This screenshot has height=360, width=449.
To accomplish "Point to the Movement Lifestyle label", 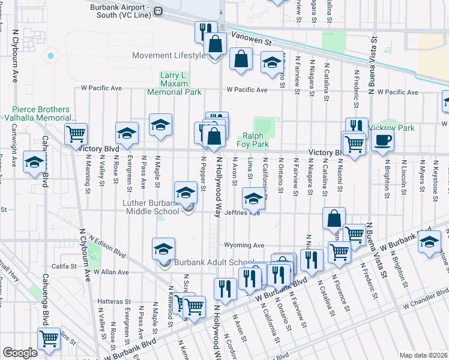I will pos(169,56).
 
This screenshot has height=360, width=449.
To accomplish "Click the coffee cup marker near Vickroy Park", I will pos(382,142).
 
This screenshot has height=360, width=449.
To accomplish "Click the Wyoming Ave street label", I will pos(244,245).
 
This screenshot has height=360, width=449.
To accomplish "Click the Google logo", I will pos(20,353).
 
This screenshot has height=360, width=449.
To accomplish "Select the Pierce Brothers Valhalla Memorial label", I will pos(43,114).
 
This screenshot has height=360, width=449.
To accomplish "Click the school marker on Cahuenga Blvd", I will pos(34,162).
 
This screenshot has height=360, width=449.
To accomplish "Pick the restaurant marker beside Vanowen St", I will pos(205,31).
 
